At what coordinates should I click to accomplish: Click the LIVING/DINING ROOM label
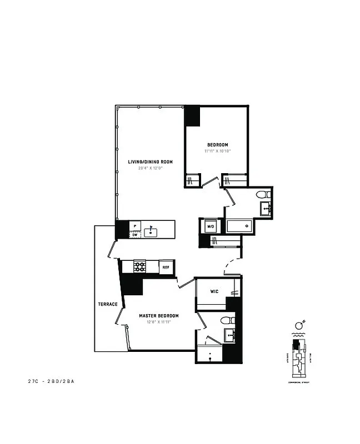(x=150, y=162)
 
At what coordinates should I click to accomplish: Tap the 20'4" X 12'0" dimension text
(x=150, y=168)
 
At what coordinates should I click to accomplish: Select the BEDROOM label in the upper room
(x=217, y=145)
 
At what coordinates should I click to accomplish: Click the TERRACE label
(x=108, y=304)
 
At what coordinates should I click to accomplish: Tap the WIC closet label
(x=216, y=291)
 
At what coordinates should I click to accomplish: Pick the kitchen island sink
(x=150, y=231)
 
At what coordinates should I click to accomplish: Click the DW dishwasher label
(x=135, y=235)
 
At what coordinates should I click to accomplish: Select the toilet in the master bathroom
(x=226, y=320)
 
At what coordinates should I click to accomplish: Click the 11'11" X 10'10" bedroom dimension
(x=217, y=150)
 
